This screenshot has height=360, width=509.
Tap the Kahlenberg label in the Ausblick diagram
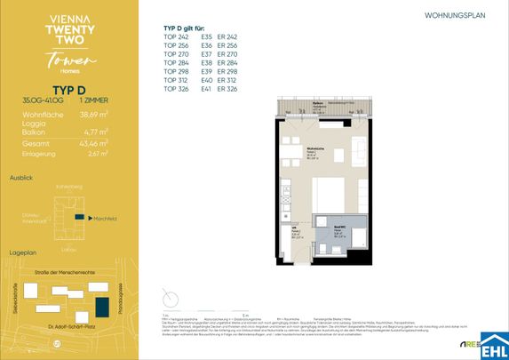(x=68, y=187)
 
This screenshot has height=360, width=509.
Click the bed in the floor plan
(x=330, y=192)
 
